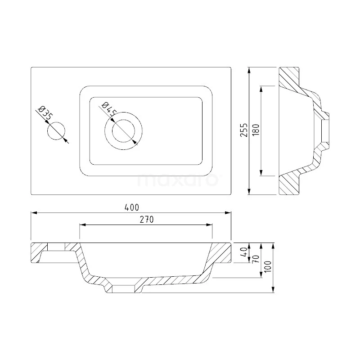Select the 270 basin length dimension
tap(147, 220)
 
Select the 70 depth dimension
tap(256, 259)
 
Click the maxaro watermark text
tap(178, 180)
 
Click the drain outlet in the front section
tap(123, 289)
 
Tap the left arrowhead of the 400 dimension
tap(33, 213)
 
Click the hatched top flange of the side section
tap(289, 77)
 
